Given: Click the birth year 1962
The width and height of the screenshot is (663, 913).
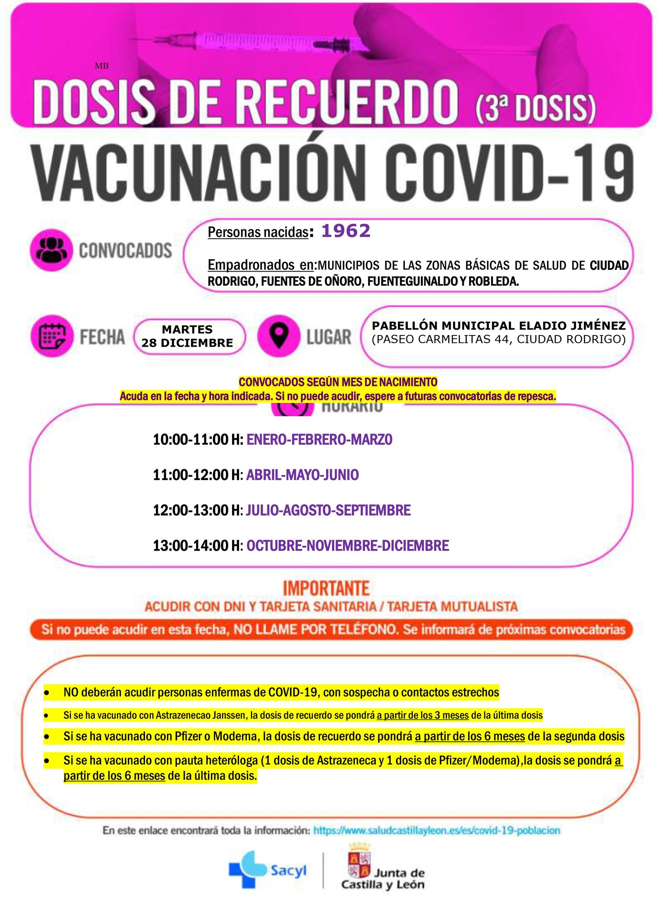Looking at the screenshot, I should click(346, 231).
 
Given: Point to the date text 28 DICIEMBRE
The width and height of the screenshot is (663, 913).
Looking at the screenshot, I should click(187, 343).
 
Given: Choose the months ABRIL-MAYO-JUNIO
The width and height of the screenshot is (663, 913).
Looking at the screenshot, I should click(302, 475).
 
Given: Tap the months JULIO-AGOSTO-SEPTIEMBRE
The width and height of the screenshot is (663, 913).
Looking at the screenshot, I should click(328, 510).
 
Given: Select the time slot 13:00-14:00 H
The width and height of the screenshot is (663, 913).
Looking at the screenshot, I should click(197, 546).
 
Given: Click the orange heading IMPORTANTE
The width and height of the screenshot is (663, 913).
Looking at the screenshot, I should click(326, 588).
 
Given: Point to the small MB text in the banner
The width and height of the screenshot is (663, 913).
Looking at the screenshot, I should click(102, 66).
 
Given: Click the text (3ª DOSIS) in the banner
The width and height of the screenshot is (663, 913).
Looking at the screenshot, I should click(535, 107).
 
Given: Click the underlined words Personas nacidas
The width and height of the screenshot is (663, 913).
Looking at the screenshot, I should click(258, 232).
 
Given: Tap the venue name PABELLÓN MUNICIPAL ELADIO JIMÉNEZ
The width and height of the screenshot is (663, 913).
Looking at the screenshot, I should click(499, 325).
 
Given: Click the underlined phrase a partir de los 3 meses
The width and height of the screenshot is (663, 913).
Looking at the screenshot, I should click(423, 715).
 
